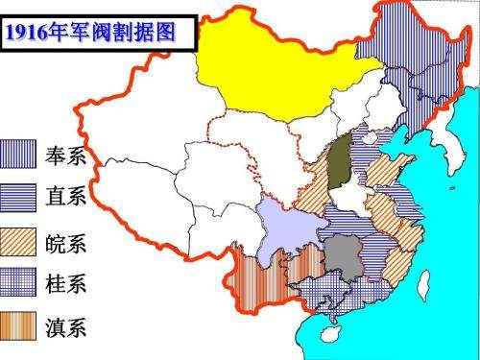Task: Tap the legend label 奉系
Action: point(66,154)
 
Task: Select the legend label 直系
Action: point(66,196)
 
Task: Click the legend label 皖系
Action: point(66,241)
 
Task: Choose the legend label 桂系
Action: point(66,283)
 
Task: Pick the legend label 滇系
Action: point(66,327)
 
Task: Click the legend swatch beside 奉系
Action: point(19,154)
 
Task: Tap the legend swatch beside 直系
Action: point(19,196)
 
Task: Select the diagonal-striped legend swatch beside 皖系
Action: point(19,241)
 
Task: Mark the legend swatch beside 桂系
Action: point(19,283)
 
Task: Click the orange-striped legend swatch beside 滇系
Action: point(19,327)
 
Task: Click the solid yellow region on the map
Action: point(264,67)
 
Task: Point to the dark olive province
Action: point(339,163)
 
